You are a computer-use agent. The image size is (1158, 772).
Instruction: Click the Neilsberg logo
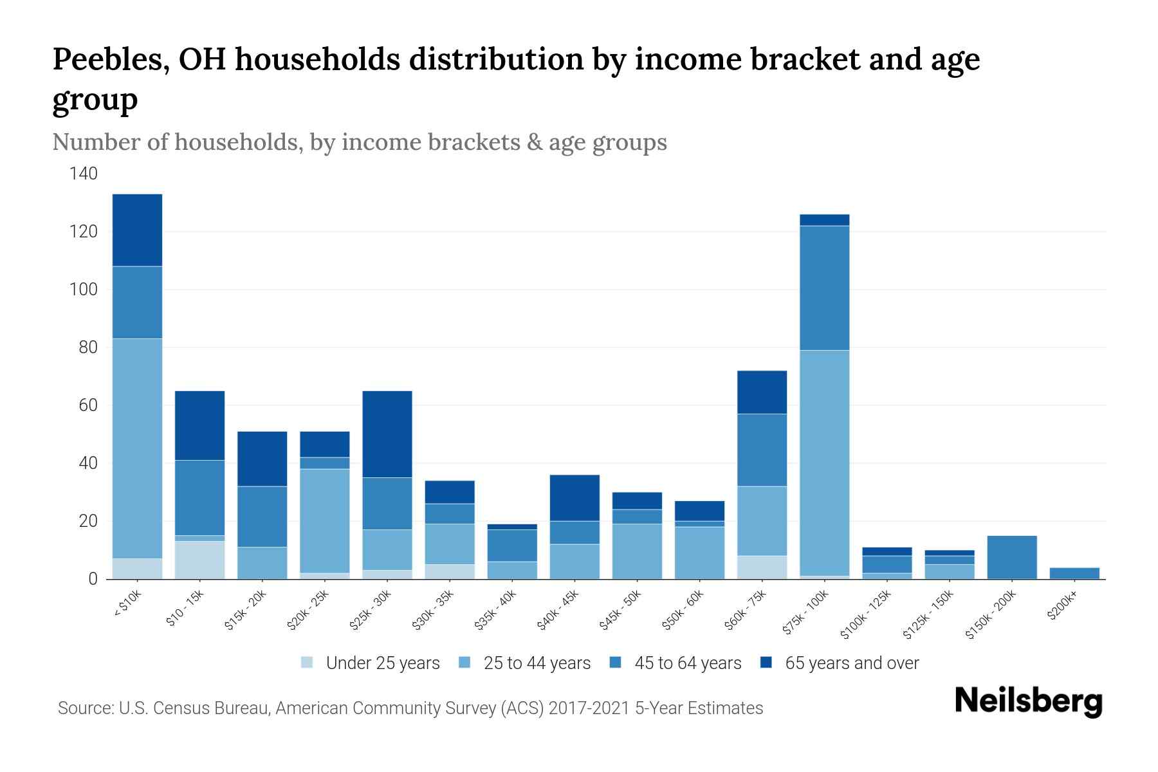(1028, 701)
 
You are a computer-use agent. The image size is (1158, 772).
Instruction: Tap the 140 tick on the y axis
(84, 174)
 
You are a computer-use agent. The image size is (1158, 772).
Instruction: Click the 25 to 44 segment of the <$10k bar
(137, 448)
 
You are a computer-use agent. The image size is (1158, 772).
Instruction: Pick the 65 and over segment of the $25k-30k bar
(387, 434)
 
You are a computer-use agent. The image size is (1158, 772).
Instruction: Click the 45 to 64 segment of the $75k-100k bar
(824, 288)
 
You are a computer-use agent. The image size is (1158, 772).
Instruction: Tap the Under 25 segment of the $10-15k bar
(199, 560)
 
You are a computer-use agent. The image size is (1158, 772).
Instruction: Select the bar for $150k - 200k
(1012, 557)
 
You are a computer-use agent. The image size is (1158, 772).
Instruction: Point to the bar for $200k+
(1074, 573)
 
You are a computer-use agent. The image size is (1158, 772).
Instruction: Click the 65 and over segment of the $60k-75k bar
(762, 392)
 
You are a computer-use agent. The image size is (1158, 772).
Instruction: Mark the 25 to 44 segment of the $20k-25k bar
(325, 520)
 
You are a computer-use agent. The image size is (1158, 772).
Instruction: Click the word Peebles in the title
(107, 60)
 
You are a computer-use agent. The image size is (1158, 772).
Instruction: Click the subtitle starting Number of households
(359, 142)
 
